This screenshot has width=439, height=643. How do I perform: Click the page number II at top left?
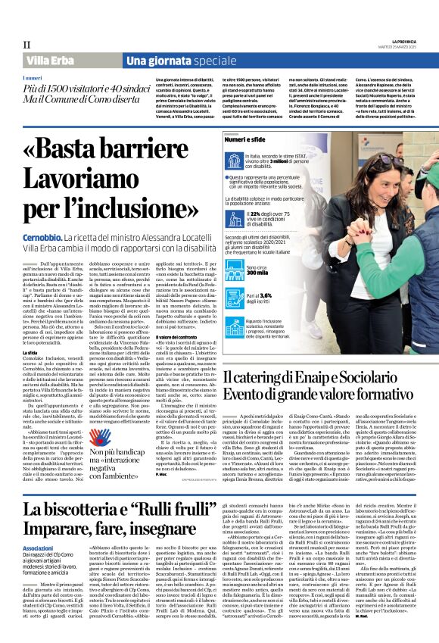(x=26, y=45)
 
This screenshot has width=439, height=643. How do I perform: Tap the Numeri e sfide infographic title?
(x=247, y=141)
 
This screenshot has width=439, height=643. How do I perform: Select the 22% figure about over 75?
(x=245, y=214)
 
